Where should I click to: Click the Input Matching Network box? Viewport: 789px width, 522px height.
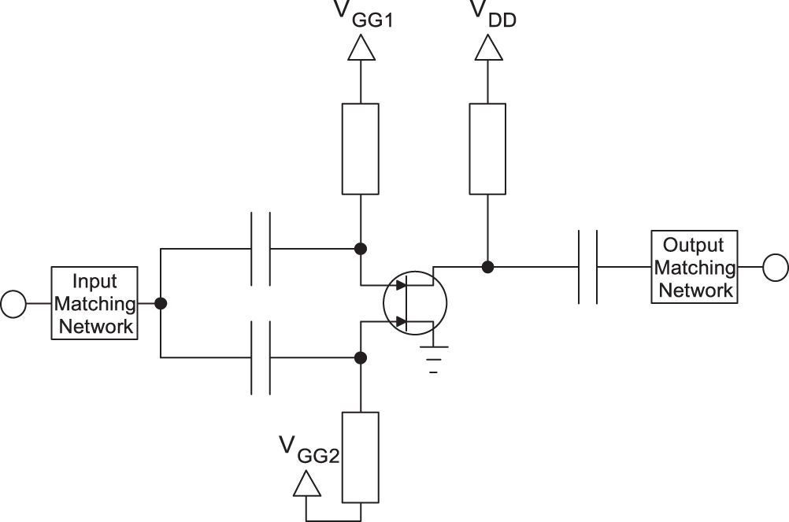(94, 303)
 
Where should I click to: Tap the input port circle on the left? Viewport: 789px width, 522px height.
(13, 303)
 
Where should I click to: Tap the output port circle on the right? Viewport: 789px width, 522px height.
(776, 267)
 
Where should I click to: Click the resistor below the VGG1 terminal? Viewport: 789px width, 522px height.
(361, 148)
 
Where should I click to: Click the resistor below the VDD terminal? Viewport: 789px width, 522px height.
(488, 148)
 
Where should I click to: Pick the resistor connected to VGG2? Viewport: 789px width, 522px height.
(361, 457)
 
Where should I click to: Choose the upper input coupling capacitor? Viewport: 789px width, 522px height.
(261, 249)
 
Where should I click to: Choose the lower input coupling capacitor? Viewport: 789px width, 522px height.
(261, 357)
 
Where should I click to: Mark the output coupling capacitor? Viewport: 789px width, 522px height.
(587, 267)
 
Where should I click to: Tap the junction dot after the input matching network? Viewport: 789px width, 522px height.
(161, 303)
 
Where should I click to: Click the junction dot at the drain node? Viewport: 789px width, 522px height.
(488, 267)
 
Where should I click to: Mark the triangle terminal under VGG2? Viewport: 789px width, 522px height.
(306, 483)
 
